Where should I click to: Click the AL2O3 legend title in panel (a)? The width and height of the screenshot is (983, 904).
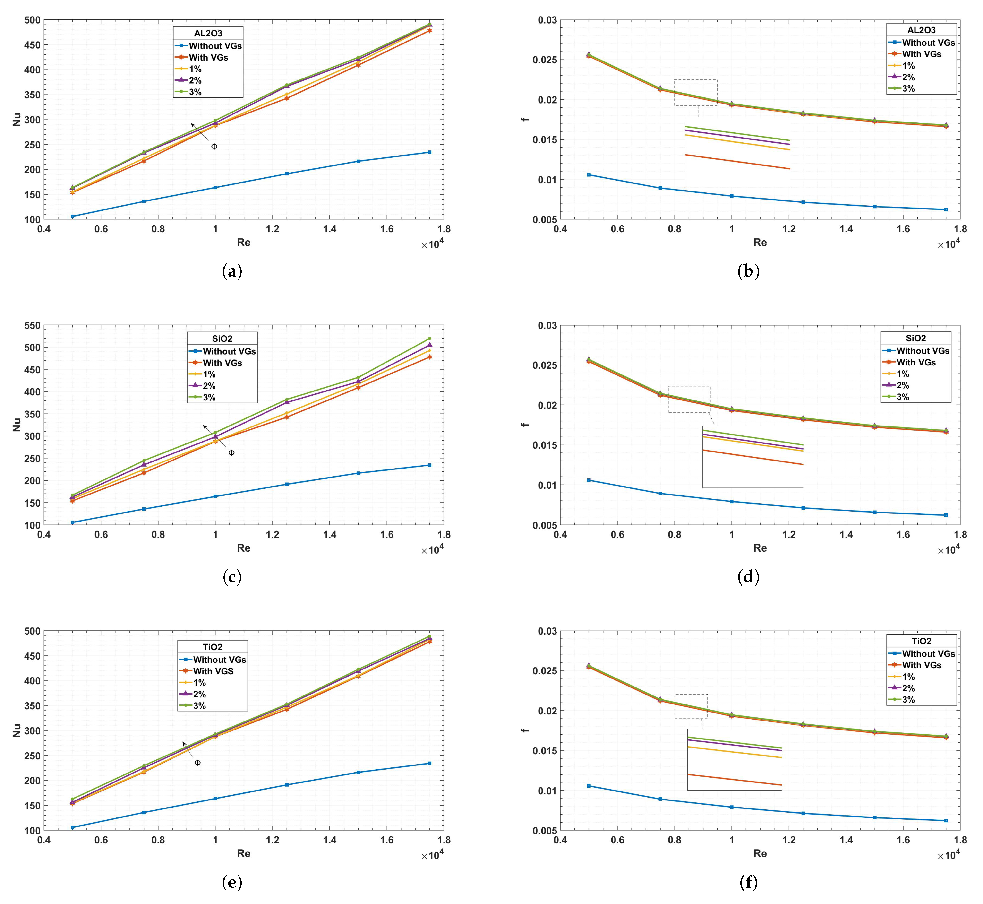pos(208,33)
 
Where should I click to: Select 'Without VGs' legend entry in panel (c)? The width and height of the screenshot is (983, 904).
pos(229,351)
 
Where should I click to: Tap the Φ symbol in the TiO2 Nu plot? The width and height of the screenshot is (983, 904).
pos(197,763)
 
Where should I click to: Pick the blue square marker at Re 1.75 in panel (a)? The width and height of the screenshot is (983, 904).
pos(429,152)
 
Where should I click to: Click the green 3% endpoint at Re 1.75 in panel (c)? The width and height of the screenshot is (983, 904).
pos(429,339)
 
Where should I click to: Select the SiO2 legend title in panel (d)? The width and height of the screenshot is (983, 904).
pos(915,338)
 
